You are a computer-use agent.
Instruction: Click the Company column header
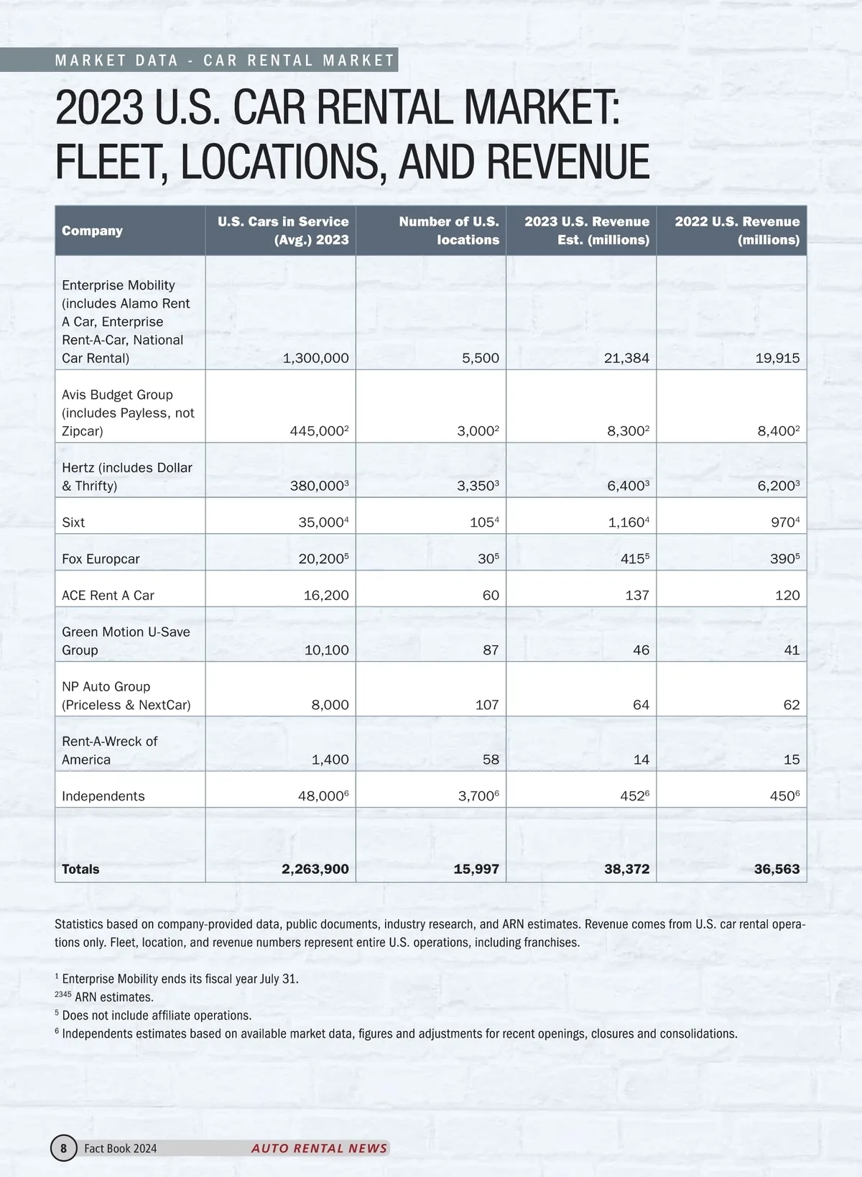coord(92,231)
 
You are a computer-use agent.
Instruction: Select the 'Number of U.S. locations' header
coord(449,231)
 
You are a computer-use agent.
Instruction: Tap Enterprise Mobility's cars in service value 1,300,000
coord(315,358)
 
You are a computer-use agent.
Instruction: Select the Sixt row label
coord(73,522)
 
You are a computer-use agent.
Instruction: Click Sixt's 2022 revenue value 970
coord(782,522)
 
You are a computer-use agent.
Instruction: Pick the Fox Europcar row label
coord(101,559)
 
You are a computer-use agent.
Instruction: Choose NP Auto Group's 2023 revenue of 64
coord(641,705)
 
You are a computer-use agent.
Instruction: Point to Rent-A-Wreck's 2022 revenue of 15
coord(791,760)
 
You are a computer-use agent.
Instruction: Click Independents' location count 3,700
coord(476,796)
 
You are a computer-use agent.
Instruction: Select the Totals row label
coord(80,869)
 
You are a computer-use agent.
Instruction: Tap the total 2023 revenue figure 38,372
coord(626,869)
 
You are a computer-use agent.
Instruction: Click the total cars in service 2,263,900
coord(315,869)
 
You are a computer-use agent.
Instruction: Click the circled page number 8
coord(63,1148)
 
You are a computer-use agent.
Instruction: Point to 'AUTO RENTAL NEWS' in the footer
coord(319,1148)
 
